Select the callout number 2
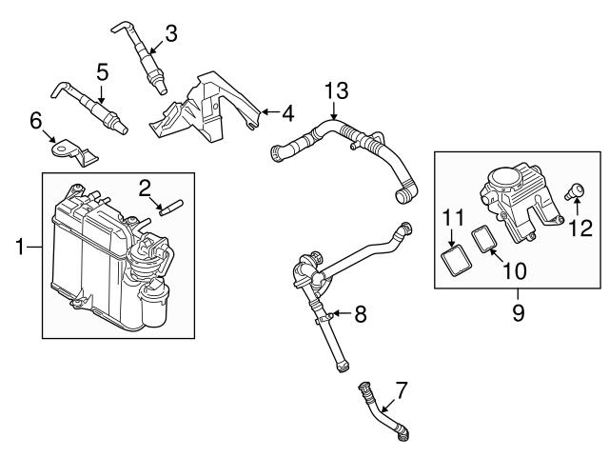click(x=147, y=187)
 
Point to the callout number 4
click(x=286, y=113)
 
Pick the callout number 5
click(x=103, y=71)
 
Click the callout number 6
click(x=36, y=121)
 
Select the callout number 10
click(x=515, y=270)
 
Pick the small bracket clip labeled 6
click(x=69, y=150)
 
